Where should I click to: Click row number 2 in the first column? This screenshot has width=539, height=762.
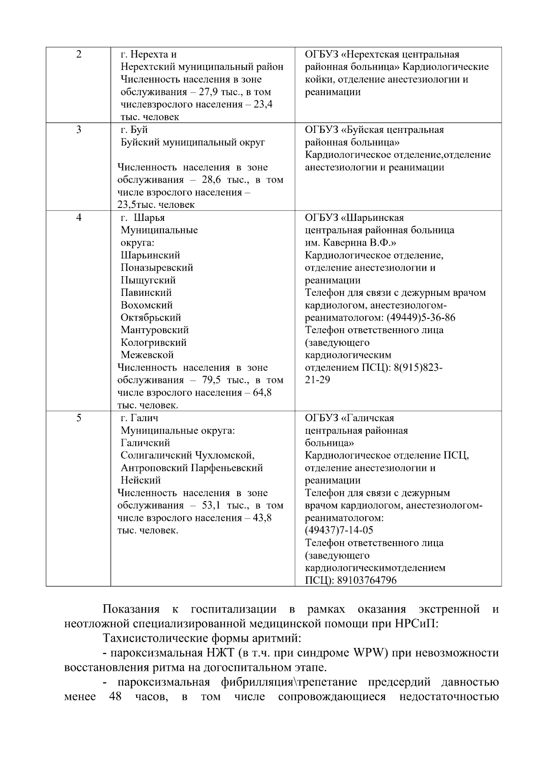pyautogui.click(x=79, y=55)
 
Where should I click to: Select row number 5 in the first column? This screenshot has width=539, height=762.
pyautogui.click(x=79, y=418)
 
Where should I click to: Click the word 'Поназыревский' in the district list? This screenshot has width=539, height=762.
pyautogui.click(x=157, y=268)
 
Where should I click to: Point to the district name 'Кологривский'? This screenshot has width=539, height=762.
pyautogui.click(x=154, y=343)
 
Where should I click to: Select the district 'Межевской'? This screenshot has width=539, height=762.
pyautogui.click(x=147, y=355)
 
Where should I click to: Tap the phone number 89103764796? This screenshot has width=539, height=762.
pyautogui.click(x=367, y=580)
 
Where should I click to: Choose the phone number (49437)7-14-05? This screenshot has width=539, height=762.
pyautogui.click(x=339, y=530)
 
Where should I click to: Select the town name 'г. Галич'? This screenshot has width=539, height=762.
pyautogui.click(x=139, y=418)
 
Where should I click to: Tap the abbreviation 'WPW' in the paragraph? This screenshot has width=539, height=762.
pyautogui.click(x=371, y=653)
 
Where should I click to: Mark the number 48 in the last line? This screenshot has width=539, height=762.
pyautogui.click(x=115, y=697)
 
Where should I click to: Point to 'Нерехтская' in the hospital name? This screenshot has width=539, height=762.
pyautogui.click(x=369, y=55)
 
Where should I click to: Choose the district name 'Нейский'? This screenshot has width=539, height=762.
pyautogui.click(x=141, y=480)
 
